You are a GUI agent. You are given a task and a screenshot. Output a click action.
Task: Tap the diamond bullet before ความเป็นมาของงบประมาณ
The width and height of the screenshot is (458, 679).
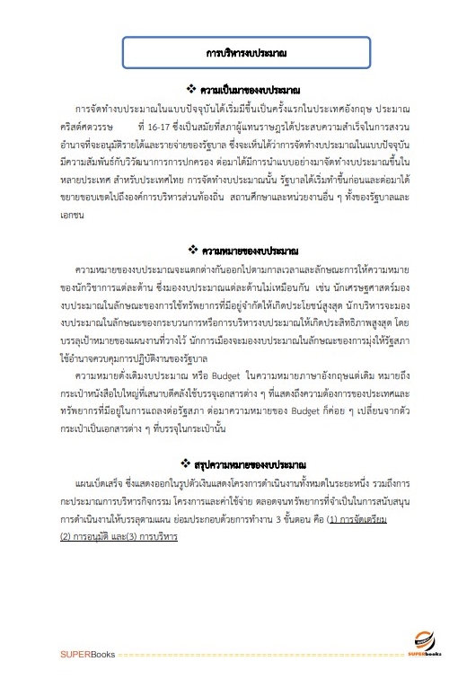(189, 91)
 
